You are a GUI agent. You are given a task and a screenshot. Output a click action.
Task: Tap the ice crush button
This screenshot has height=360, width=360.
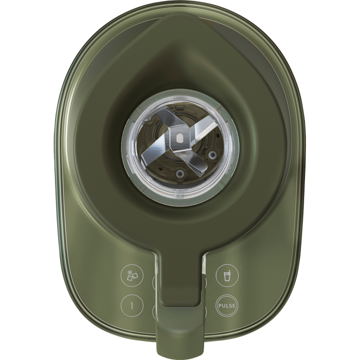[x=132, y=276]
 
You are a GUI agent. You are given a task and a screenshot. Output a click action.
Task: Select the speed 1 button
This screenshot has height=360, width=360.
[x=132, y=305]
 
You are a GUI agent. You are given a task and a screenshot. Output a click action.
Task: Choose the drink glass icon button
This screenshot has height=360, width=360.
[x=227, y=276]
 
